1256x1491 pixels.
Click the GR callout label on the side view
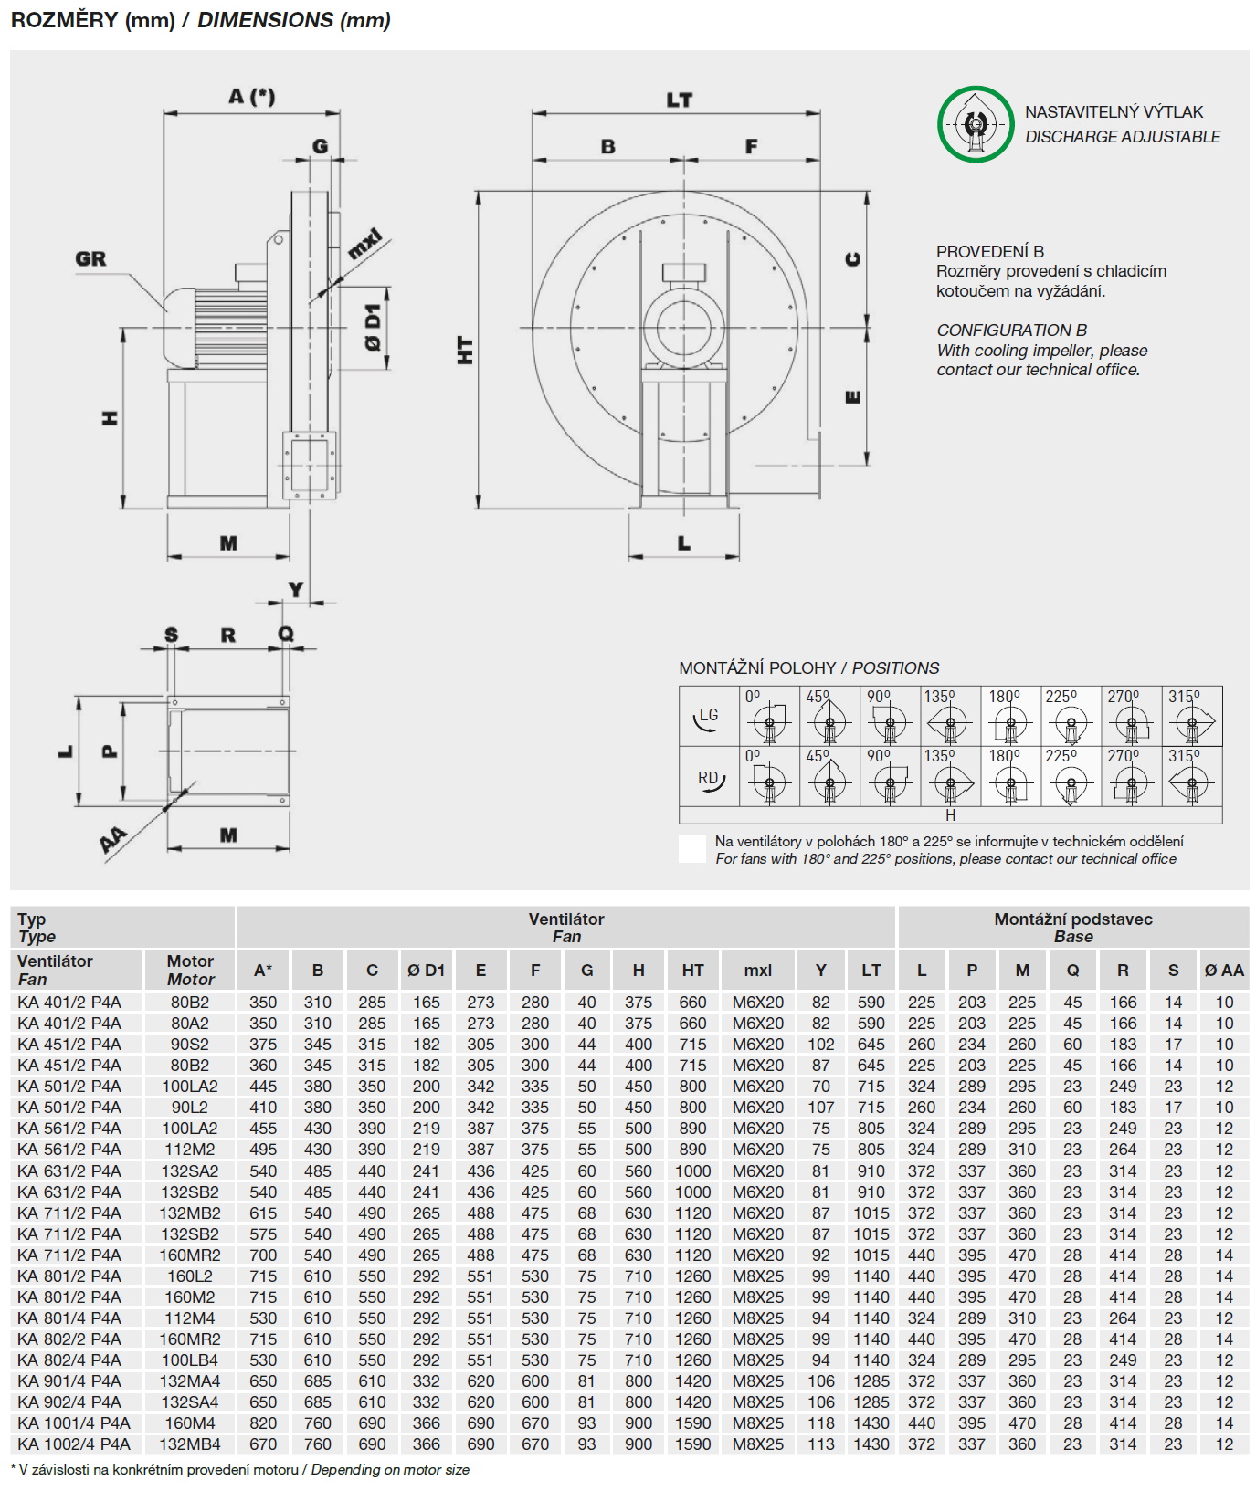click(90, 259)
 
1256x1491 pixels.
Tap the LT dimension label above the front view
click(679, 100)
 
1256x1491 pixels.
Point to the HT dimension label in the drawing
click(466, 350)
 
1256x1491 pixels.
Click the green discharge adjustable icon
click(976, 124)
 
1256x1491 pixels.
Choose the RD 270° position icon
click(1131, 777)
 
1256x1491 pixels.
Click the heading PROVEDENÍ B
click(989, 251)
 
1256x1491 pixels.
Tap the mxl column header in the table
click(757, 971)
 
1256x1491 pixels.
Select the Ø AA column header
click(1224, 971)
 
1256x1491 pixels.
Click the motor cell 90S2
click(190, 1045)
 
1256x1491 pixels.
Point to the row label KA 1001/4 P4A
click(74, 1423)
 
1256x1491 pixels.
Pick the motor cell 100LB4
click(190, 1360)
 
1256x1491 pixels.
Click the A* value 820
click(263, 1423)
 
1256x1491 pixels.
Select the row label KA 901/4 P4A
click(69, 1381)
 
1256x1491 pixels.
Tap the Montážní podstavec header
click(1072, 927)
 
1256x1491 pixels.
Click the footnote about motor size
click(239, 1470)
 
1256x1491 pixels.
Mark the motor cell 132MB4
click(190, 1444)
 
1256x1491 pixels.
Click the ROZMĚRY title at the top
click(200, 20)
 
